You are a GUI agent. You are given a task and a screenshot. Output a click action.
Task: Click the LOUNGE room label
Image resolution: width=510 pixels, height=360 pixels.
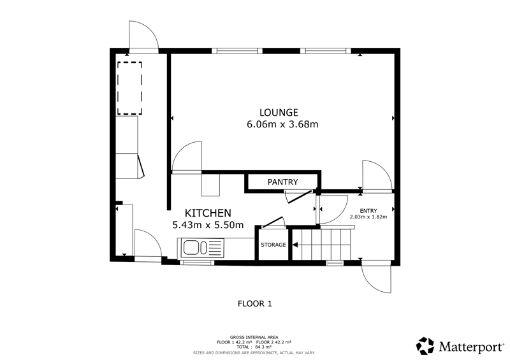[279, 113]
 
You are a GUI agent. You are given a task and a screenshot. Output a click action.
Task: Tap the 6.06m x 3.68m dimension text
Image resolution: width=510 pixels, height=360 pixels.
[282, 124]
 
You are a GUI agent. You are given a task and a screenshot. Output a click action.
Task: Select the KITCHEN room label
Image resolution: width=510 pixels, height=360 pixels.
[208, 213]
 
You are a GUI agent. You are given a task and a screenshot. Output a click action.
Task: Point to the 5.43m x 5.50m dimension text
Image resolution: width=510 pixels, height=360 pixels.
[208, 225]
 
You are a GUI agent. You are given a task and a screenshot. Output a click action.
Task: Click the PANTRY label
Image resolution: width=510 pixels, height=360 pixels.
[282, 182]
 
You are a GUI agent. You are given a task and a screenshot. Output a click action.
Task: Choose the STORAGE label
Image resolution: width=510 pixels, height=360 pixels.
[273, 245]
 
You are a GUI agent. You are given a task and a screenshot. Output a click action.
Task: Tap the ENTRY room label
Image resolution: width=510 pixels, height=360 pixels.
[368, 211]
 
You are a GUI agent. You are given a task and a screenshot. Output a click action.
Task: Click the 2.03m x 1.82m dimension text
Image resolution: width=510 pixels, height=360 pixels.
[368, 217]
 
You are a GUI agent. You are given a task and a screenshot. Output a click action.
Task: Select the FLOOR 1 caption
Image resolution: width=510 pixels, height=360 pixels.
[254, 304]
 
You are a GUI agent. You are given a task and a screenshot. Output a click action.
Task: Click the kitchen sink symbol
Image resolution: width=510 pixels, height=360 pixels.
[200, 248]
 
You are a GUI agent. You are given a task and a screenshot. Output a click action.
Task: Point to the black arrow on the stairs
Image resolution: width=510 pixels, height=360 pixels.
[295, 245]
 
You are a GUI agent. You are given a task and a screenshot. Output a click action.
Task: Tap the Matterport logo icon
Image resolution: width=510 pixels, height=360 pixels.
[425, 346]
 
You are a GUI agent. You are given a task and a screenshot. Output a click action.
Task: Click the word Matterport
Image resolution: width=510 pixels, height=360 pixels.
[471, 347]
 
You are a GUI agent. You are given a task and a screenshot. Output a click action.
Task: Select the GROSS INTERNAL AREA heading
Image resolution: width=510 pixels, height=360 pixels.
[254, 337]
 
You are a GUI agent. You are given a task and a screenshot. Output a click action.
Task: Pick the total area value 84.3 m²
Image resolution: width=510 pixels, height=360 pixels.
[263, 347]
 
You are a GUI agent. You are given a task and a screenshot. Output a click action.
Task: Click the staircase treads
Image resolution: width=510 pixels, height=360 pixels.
[322, 245]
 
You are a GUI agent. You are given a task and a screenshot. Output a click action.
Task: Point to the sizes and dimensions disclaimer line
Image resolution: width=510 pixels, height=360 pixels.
[254, 353]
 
